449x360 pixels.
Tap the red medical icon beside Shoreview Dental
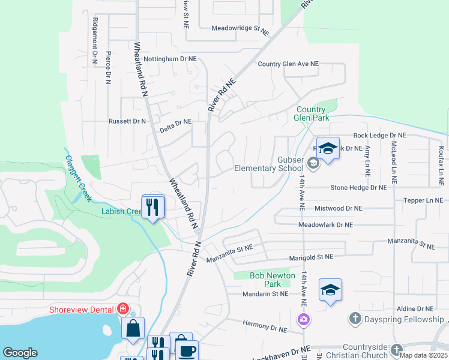tap(123, 309)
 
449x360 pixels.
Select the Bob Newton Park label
tap(273, 280)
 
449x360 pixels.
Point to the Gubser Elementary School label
tap(268, 164)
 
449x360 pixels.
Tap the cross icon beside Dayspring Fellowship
tap(355, 317)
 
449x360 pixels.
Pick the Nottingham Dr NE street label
tap(169, 59)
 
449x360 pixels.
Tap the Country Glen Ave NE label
tap(288, 64)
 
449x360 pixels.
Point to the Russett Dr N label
tap(127, 121)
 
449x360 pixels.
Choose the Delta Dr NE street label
tap(175, 121)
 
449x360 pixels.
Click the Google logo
tap(20, 353)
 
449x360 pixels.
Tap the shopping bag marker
tap(133, 328)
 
